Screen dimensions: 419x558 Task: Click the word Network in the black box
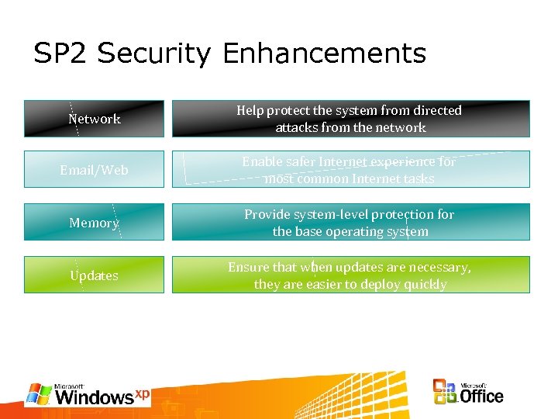95,119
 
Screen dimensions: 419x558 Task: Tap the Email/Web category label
94,170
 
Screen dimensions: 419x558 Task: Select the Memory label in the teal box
94,223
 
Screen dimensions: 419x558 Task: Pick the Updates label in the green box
94,275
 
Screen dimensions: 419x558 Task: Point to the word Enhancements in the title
324,54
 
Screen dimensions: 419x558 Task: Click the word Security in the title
154,54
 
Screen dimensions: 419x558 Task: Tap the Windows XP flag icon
39,394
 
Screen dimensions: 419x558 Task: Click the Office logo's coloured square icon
446,392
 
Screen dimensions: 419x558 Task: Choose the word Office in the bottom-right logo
481,396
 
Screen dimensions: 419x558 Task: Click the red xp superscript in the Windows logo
142,393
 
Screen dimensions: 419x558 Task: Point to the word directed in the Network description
436,110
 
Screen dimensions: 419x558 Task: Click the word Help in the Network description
250,110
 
